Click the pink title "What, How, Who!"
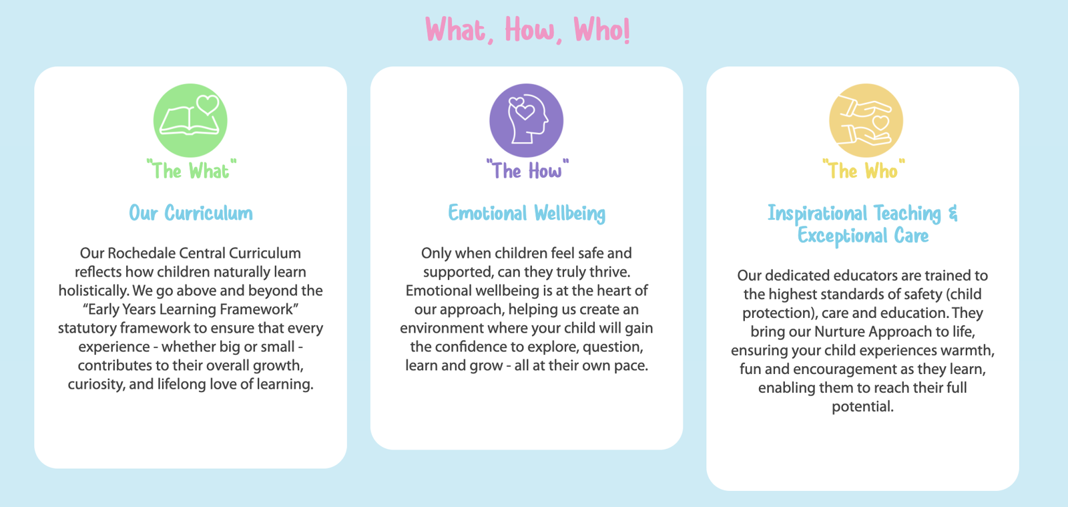click(x=527, y=30)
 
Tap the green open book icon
click(x=190, y=121)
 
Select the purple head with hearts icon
click(x=527, y=120)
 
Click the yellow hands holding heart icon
click(x=866, y=120)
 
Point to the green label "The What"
click(x=192, y=170)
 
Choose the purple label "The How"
click(x=527, y=170)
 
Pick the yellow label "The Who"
click(x=864, y=170)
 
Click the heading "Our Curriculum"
click(x=191, y=213)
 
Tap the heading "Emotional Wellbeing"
click(x=527, y=213)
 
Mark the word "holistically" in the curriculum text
click(x=93, y=291)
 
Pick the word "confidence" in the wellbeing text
click(x=474, y=347)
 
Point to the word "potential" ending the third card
click(x=862, y=406)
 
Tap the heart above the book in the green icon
click(x=208, y=104)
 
